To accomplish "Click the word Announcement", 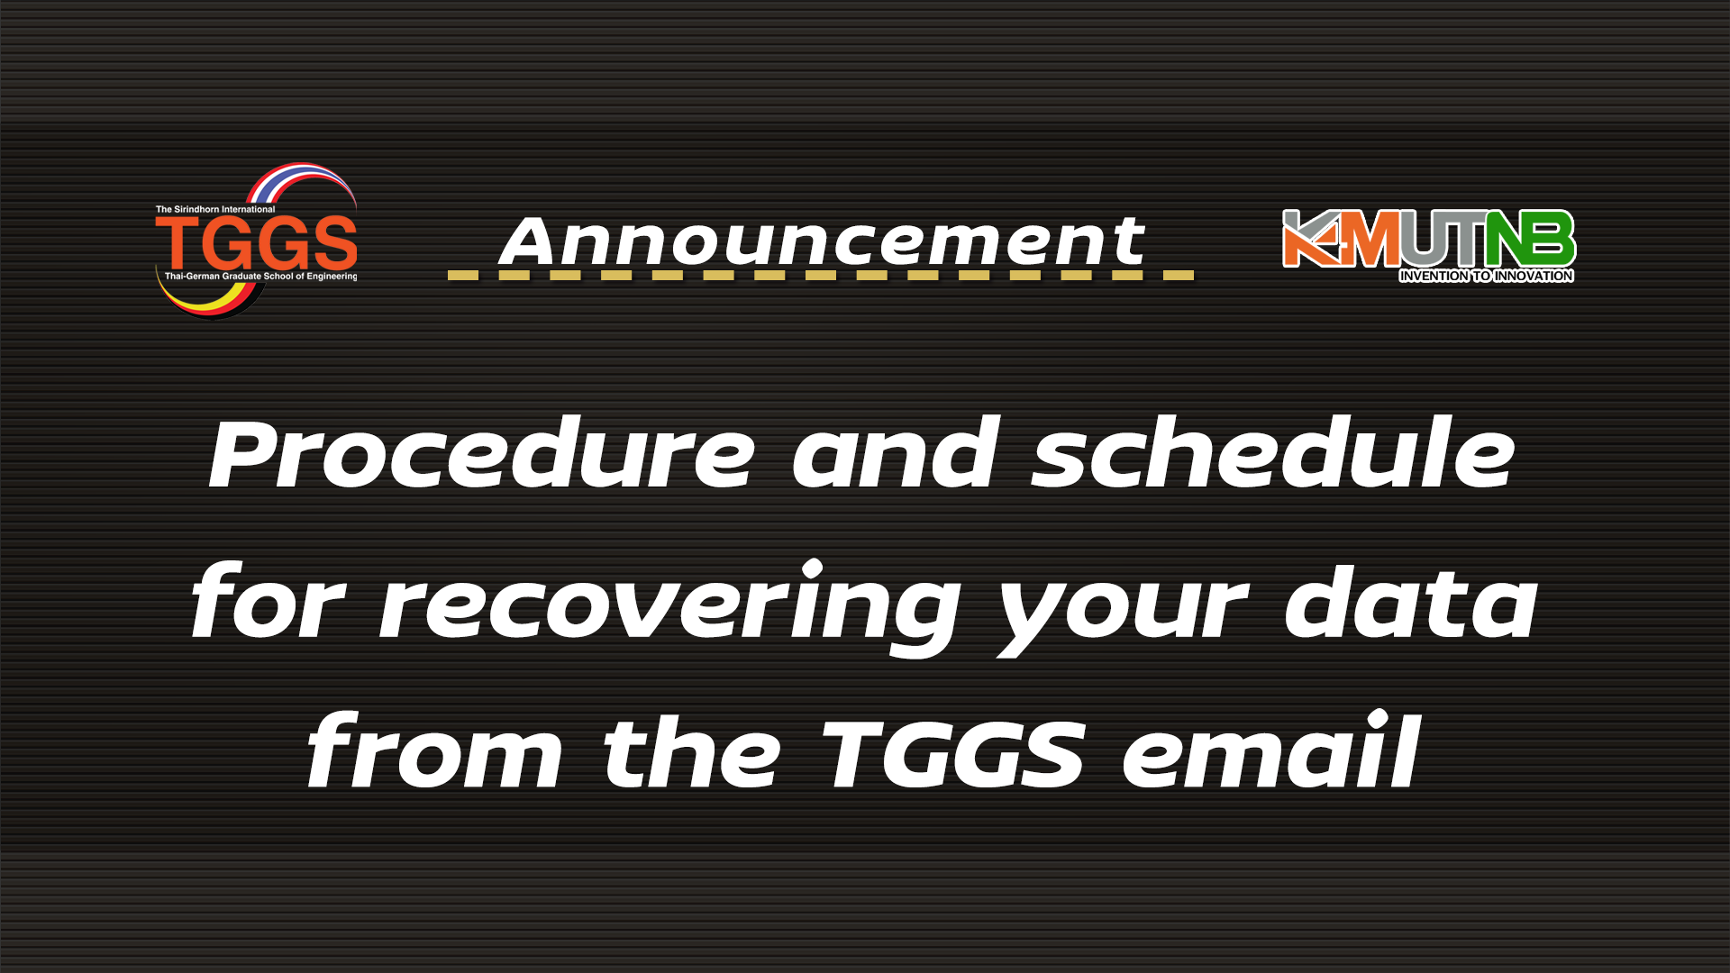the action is pyautogui.click(x=822, y=241).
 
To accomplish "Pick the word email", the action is pyautogui.click(x=1271, y=750).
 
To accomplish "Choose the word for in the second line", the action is pyautogui.click(x=268, y=600).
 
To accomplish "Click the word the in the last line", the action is pyautogui.click(x=691, y=750).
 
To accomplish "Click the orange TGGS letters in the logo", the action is pyautogui.click(x=257, y=243).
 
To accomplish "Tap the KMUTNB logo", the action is pyautogui.click(x=1428, y=245).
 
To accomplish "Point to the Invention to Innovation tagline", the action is pyautogui.click(x=1487, y=276).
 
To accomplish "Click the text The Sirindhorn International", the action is pyautogui.click(x=215, y=209).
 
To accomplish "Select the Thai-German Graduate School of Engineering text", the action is pyautogui.click(x=260, y=277).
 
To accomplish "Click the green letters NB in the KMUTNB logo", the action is pyautogui.click(x=1530, y=240).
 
